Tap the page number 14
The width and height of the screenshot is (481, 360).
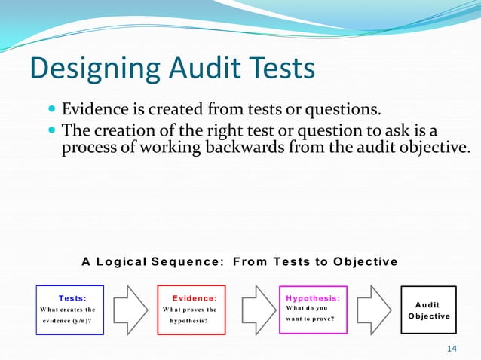[x=452, y=348]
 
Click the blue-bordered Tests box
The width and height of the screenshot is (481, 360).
[x=67, y=309]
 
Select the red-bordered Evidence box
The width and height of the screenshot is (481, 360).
[x=189, y=309]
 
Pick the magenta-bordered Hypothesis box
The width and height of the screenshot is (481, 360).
[x=311, y=309]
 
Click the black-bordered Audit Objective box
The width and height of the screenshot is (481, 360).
[x=428, y=309]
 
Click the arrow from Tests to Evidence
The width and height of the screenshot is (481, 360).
[x=129, y=309]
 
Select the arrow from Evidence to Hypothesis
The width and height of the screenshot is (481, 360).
[x=251, y=309]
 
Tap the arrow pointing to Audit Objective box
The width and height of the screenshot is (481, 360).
[x=372, y=309]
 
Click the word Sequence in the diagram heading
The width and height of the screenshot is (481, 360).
[x=188, y=262]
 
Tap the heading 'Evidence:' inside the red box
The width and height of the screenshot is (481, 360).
[x=195, y=298]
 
